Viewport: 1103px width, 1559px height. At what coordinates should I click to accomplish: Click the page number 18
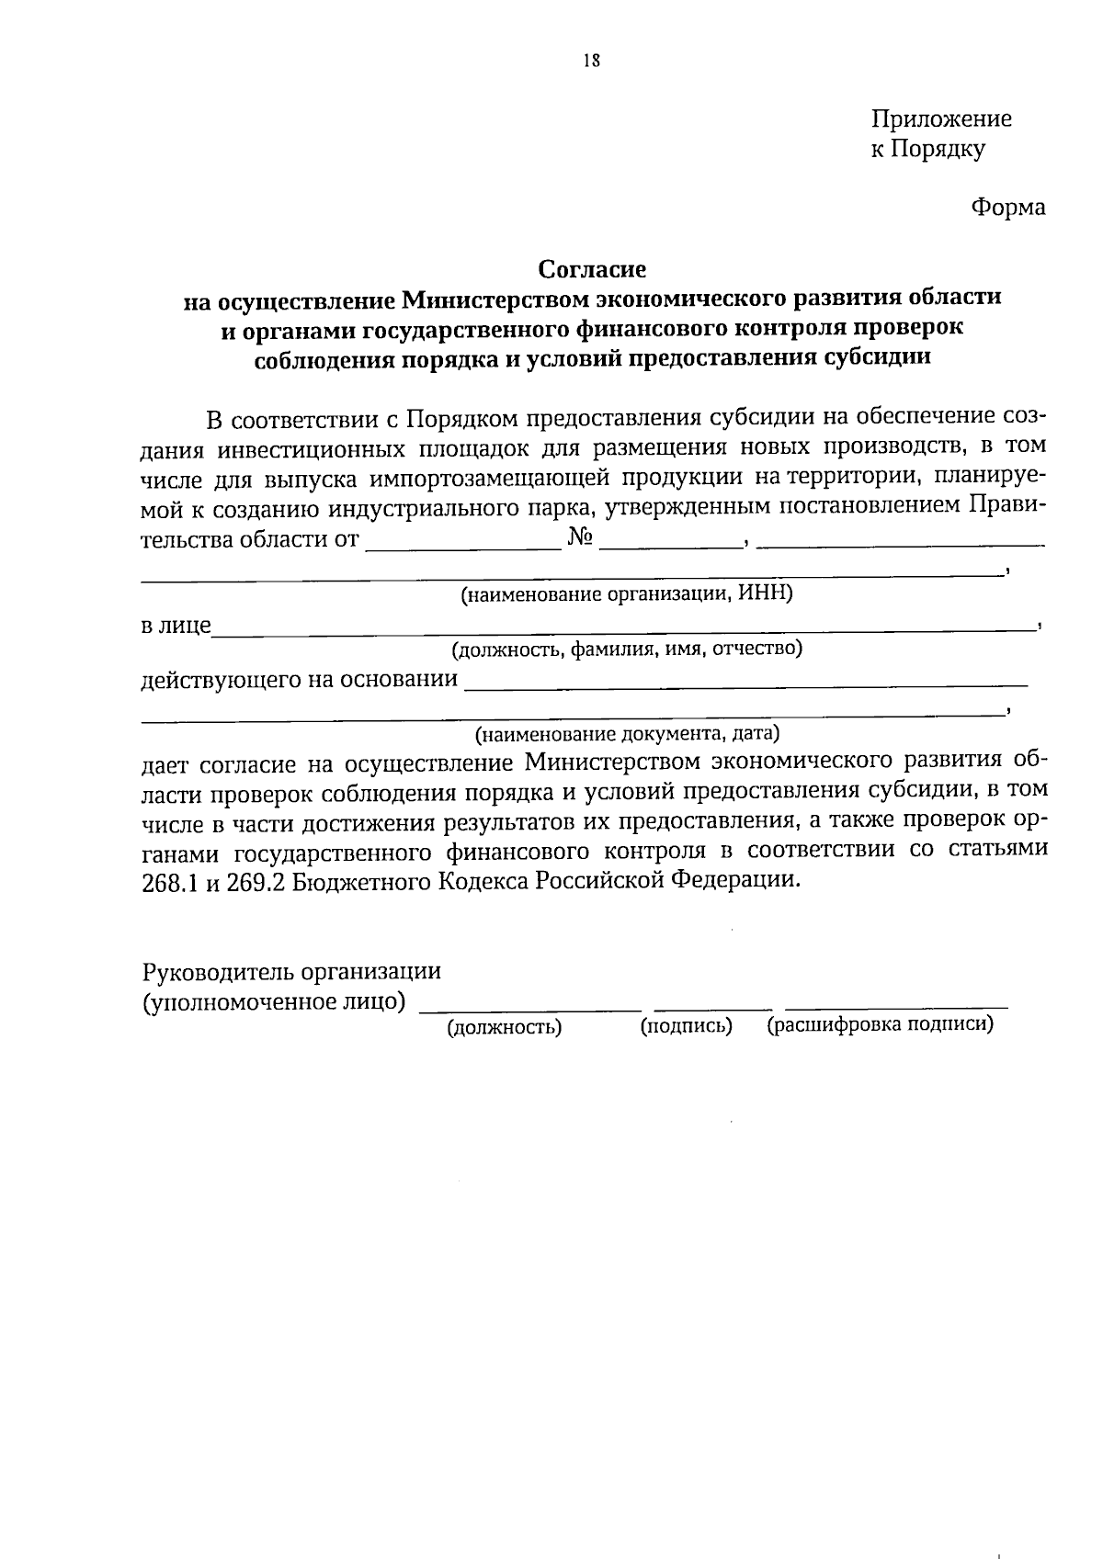[591, 62]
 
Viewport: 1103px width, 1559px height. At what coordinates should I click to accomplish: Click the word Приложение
[940, 119]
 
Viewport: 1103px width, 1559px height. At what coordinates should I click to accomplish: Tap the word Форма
[1008, 208]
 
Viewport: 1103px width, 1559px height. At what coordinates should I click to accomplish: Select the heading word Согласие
[592, 269]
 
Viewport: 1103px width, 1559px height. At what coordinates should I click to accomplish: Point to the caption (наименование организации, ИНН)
[626, 593]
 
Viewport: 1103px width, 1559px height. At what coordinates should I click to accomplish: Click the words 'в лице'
[176, 627]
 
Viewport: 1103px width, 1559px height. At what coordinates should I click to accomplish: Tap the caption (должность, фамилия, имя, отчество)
[626, 650]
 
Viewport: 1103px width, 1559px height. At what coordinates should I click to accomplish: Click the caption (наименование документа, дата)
[627, 734]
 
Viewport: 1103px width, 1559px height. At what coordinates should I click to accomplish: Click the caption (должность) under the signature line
[504, 1027]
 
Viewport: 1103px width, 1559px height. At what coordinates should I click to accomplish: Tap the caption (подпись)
[686, 1026]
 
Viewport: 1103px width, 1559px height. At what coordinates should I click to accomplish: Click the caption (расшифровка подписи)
[880, 1025]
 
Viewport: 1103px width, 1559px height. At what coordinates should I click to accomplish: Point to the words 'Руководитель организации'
[291, 971]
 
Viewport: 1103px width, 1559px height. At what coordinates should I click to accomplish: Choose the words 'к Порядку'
[927, 149]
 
